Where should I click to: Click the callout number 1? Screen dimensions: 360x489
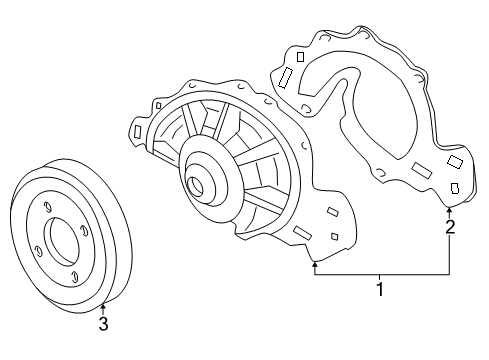(x=379, y=291)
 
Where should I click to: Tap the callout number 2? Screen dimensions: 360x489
(x=450, y=228)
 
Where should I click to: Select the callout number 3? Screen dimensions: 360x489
(x=103, y=323)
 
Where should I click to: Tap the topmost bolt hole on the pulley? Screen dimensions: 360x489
(x=46, y=206)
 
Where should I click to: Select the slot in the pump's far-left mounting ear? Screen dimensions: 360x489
(x=136, y=130)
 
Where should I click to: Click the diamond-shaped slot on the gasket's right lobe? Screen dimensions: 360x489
(x=455, y=160)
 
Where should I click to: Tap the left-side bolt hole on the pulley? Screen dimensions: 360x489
(x=36, y=250)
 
